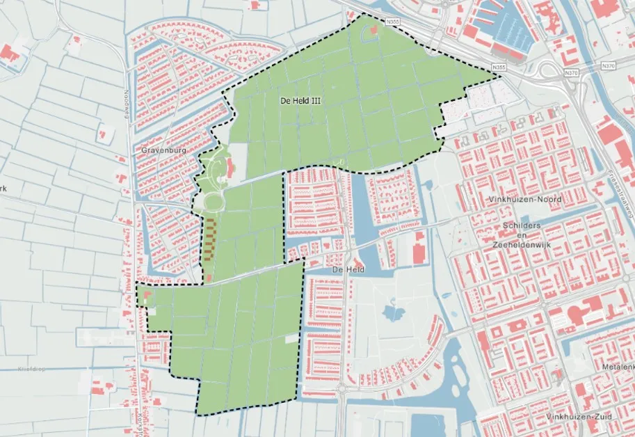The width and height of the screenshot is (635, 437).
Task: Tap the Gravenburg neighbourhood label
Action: (x=161, y=150)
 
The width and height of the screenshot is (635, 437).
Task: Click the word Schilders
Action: (x=521, y=227)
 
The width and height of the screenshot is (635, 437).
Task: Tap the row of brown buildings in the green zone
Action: (x=208, y=238)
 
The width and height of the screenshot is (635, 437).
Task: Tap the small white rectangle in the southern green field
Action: (x=289, y=340)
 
